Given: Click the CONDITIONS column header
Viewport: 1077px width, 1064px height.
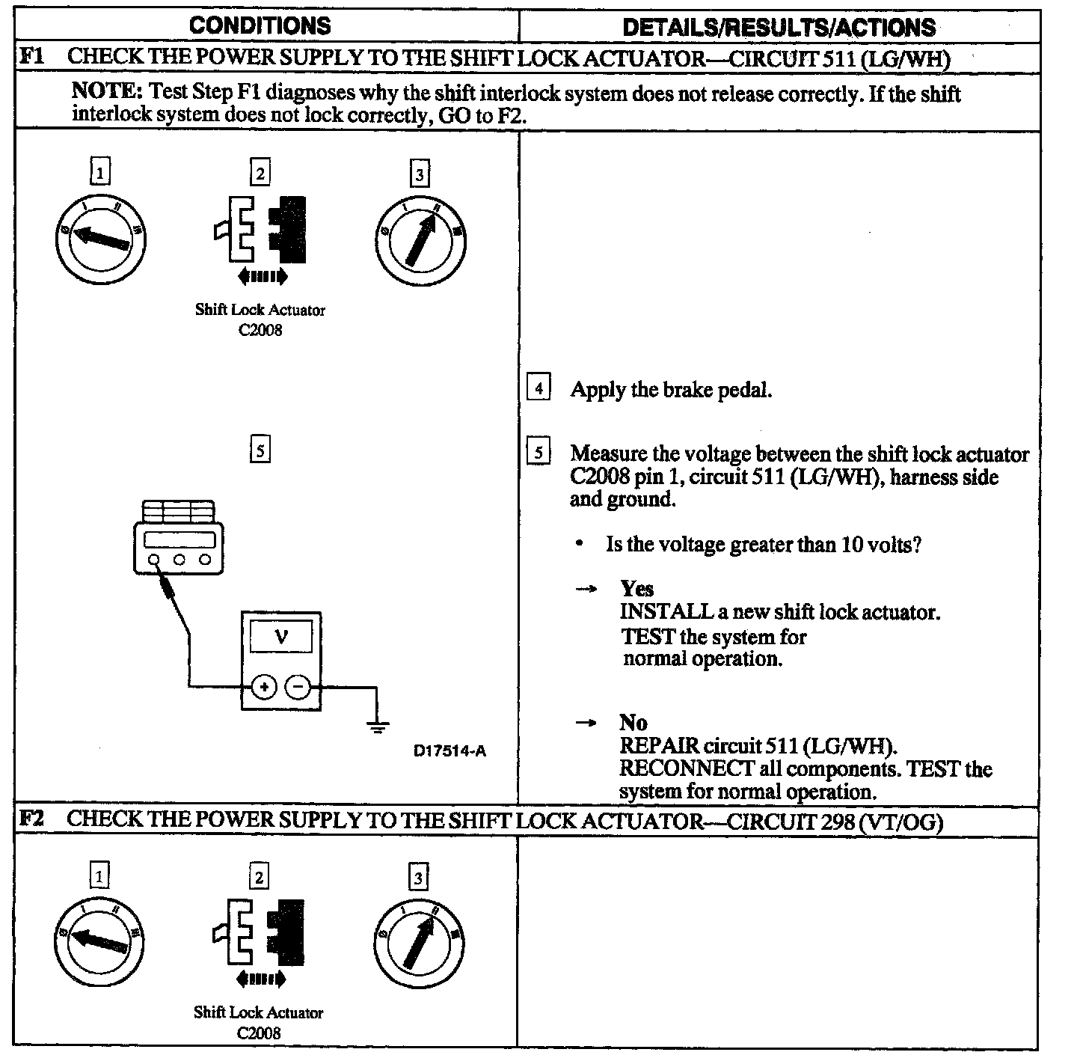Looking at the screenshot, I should [x=260, y=25].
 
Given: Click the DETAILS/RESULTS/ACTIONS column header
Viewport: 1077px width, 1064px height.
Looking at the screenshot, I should [x=779, y=28].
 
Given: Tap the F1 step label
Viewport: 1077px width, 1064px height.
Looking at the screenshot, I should [x=31, y=57].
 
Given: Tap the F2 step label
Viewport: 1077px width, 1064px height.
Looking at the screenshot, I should [x=31, y=819].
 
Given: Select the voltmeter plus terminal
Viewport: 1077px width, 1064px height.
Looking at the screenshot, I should [x=263, y=686].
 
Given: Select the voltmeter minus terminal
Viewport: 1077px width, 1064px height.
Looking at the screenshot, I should [x=298, y=686].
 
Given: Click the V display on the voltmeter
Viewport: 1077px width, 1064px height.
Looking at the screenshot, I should [x=280, y=638].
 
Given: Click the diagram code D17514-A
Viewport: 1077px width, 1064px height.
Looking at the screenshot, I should [x=449, y=750].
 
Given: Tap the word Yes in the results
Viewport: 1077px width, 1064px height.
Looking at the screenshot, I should [x=636, y=589].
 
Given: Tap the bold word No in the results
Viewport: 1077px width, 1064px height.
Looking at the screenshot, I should [x=633, y=723].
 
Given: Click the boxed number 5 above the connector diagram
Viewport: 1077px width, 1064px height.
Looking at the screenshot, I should [x=259, y=450].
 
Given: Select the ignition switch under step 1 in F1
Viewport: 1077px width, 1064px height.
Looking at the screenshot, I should [x=100, y=239].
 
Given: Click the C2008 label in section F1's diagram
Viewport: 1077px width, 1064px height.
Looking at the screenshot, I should [x=260, y=329].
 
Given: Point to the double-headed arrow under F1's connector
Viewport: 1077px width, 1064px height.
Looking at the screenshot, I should [x=262, y=278].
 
